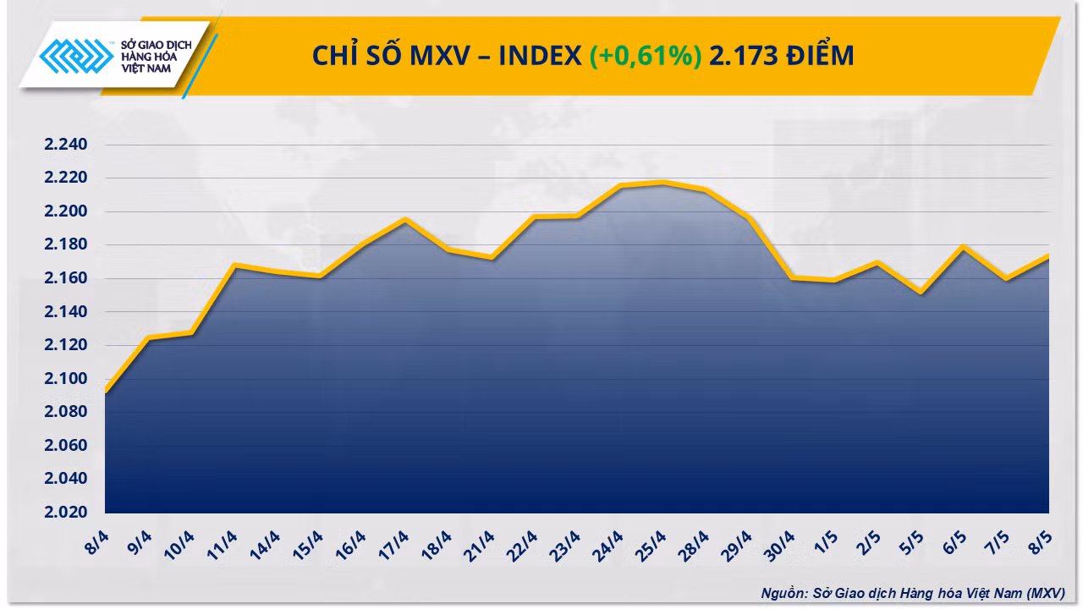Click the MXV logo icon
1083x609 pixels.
tap(76, 56)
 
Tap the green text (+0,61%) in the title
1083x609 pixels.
tap(646, 55)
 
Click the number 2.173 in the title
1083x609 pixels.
tap(744, 55)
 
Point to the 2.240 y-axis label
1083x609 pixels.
tap(66, 144)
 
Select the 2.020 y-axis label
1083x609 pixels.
tap(66, 512)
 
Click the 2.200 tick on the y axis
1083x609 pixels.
tap(66, 211)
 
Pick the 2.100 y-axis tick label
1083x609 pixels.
tap(66, 378)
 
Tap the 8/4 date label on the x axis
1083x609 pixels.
tap(96, 542)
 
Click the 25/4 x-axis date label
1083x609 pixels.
tap(651, 546)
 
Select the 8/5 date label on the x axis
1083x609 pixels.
tap(1040, 542)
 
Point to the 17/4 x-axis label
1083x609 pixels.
tap(393, 546)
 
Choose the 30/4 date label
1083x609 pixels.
tap(779, 546)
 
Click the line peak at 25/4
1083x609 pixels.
tap(662, 183)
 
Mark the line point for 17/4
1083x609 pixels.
tap(405, 220)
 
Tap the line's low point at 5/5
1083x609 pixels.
tap(921, 293)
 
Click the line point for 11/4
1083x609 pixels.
tap(234, 265)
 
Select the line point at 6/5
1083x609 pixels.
tap(964, 246)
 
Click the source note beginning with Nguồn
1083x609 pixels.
tap(913, 593)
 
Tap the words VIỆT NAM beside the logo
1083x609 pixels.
tap(146, 69)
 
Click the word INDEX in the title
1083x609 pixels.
tap(540, 55)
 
